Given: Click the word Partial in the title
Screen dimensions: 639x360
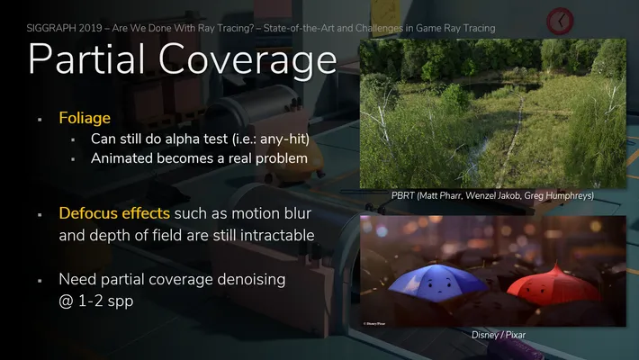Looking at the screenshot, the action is pyautogui.click(x=86, y=58).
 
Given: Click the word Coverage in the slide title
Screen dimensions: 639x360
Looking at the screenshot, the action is pyautogui.click(x=247, y=61).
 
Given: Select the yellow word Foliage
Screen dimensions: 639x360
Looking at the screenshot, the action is pyautogui.click(x=85, y=118).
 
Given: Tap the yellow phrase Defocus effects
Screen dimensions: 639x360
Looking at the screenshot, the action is pyautogui.click(x=114, y=213).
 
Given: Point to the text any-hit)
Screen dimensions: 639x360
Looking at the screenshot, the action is pyautogui.click(x=285, y=139).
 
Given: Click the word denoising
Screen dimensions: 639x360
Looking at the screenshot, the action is pyautogui.click(x=251, y=280).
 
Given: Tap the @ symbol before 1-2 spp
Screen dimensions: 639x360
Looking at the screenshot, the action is pyautogui.click(x=66, y=301).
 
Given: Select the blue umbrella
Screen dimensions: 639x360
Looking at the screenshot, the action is pyautogui.click(x=437, y=282).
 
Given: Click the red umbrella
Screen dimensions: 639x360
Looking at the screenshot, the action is pyautogui.click(x=553, y=283).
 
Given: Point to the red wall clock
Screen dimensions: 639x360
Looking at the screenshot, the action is pyautogui.click(x=560, y=21).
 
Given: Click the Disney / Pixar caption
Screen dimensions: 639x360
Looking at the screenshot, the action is pyautogui.click(x=499, y=335).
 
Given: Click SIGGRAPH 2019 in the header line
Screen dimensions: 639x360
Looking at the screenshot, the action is pyautogui.click(x=65, y=28).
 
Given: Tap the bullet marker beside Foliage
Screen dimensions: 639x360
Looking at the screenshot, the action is pyautogui.click(x=40, y=120).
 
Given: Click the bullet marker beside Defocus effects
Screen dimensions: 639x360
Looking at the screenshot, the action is pyautogui.click(x=40, y=215).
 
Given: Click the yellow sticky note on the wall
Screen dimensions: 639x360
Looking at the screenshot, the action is pyautogui.click(x=384, y=13).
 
